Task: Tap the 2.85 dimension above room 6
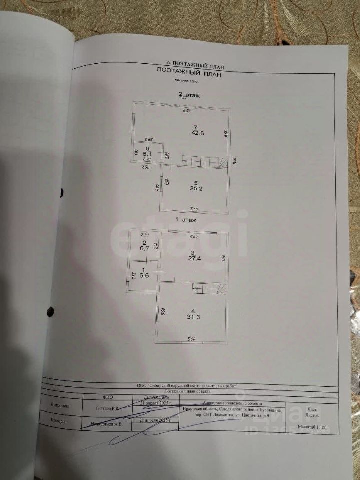[148, 139]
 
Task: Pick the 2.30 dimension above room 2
[145, 235]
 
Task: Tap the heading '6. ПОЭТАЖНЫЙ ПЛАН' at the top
[195, 64]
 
